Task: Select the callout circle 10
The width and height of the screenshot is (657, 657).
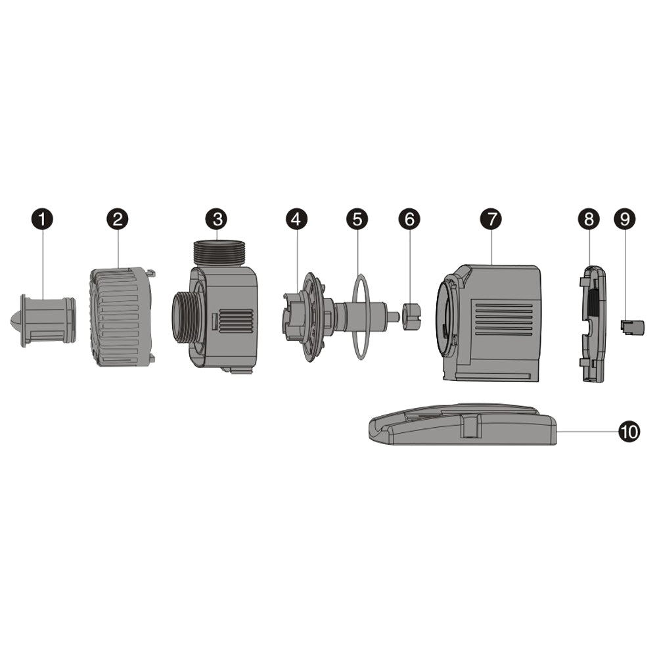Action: (629, 431)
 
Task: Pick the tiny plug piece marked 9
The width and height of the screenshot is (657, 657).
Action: (632, 327)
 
